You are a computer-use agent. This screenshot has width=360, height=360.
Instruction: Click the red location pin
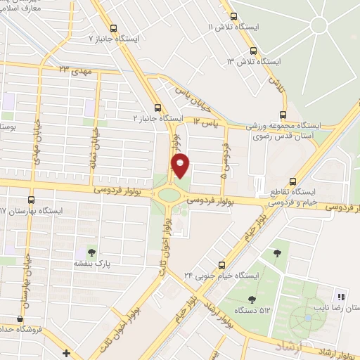coord(181,166)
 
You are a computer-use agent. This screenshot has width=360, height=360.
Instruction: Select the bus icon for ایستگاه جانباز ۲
coord(157,108)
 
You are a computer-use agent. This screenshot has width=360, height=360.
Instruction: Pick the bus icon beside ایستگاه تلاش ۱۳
coord(254,51)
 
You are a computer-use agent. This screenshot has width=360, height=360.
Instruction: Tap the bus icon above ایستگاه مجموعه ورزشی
coord(283,115)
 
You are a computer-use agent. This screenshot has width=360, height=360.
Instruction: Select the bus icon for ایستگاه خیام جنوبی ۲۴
coord(221,265)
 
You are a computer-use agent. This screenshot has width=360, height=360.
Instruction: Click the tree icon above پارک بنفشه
coord(91,251)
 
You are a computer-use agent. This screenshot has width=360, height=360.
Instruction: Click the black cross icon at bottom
coord(66,352)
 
